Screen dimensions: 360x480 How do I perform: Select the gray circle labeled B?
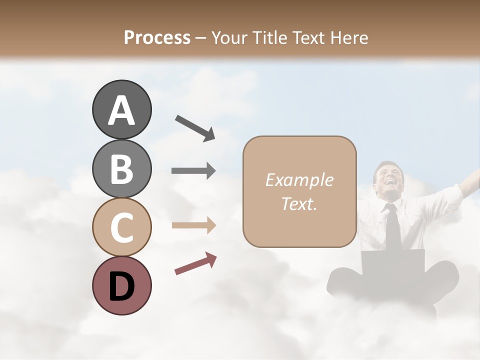[x=121, y=168]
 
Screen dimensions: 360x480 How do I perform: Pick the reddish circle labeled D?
[x=121, y=285]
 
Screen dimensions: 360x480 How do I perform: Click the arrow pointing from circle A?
[x=195, y=127]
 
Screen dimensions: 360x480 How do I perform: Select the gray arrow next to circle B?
[x=193, y=171]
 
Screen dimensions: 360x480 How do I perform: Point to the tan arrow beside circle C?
[x=193, y=225]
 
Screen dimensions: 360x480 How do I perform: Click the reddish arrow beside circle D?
[x=195, y=263]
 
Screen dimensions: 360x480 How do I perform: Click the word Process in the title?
[x=157, y=37]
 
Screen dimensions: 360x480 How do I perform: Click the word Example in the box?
[x=299, y=180]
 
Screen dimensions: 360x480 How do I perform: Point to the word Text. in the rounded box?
[x=299, y=203]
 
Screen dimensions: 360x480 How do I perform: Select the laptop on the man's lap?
[x=393, y=262]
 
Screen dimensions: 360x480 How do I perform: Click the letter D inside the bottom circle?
[x=121, y=286]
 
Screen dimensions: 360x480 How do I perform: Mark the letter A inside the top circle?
[x=121, y=110]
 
